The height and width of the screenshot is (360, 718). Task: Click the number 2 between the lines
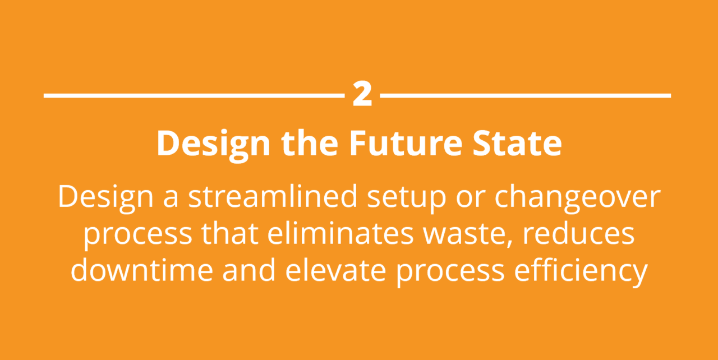pyautogui.click(x=362, y=95)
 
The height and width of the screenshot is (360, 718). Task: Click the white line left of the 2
pyautogui.click(x=194, y=96)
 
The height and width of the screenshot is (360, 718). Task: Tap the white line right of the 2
pyautogui.click(x=525, y=96)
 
